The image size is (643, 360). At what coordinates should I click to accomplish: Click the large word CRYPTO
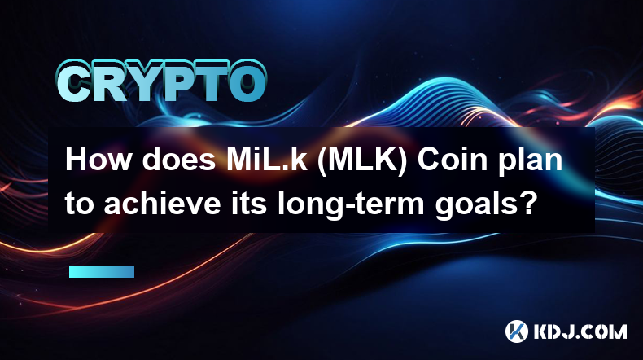tap(162, 81)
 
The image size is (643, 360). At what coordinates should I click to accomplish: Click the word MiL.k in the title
tap(267, 159)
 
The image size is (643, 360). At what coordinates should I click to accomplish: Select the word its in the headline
tap(249, 203)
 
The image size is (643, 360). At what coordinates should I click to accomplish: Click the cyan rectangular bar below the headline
tap(102, 271)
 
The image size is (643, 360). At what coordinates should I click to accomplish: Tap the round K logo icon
tap(516, 331)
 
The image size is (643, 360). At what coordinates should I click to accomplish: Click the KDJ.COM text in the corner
tap(580, 331)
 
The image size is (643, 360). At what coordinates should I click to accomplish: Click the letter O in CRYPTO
tap(247, 82)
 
